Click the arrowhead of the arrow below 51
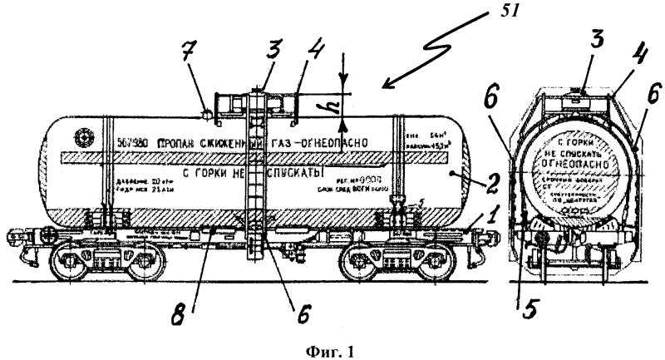[x=384, y=84]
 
